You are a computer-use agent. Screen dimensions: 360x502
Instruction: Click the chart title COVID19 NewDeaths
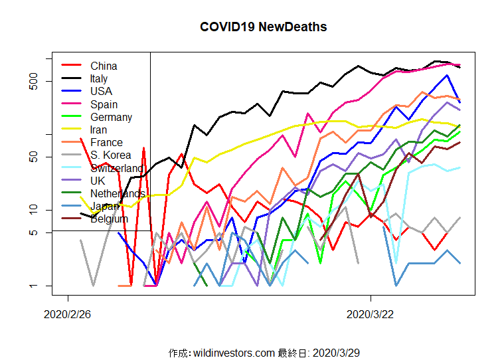point(263,27)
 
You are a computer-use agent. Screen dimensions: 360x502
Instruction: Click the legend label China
point(104,66)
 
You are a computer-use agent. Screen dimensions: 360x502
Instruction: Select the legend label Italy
point(99,78)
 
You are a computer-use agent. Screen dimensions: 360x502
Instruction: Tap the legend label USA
point(101,91)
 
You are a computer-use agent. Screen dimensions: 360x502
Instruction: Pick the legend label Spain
point(104,104)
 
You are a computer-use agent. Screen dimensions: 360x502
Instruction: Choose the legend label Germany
point(111,117)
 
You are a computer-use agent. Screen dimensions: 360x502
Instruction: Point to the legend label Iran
point(98,130)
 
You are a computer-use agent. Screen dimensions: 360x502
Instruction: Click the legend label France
point(106,142)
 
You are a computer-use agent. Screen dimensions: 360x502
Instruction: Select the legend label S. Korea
point(110,155)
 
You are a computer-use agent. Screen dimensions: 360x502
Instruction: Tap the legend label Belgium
point(110,219)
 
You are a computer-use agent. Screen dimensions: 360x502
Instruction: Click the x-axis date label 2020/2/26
point(67,313)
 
